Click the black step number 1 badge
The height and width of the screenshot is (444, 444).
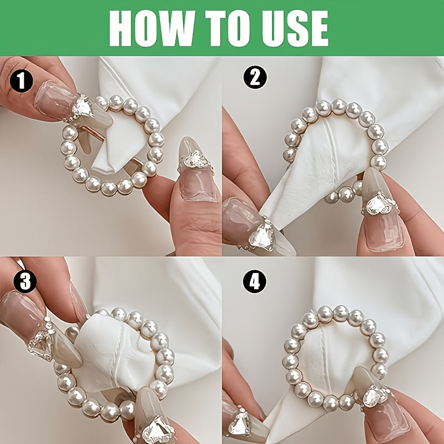(22, 80)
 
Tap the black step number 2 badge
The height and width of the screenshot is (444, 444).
(255, 77)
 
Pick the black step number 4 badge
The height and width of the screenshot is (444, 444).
(255, 281)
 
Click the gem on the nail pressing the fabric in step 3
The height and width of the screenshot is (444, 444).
(41, 344)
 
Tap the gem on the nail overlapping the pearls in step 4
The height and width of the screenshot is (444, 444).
(375, 396)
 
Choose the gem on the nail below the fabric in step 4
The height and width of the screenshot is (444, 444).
(239, 423)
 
